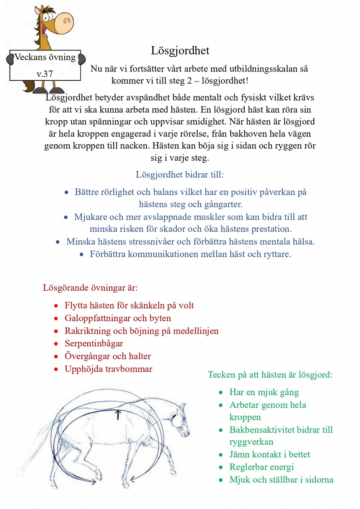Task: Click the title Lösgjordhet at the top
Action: tap(180, 51)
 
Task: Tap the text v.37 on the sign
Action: tap(45, 74)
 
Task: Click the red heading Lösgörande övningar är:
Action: tap(90, 288)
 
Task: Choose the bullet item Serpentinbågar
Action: tap(94, 344)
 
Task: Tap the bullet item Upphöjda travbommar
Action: tap(108, 369)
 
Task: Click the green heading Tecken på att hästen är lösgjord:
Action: tap(270, 375)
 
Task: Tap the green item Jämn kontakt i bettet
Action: tap(270, 455)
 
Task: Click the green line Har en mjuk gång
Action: tap(264, 392)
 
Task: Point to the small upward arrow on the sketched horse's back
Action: tap(118, 415)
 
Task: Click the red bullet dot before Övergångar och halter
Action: tap(56, 356)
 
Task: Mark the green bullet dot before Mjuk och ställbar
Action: tap(221, 480)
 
